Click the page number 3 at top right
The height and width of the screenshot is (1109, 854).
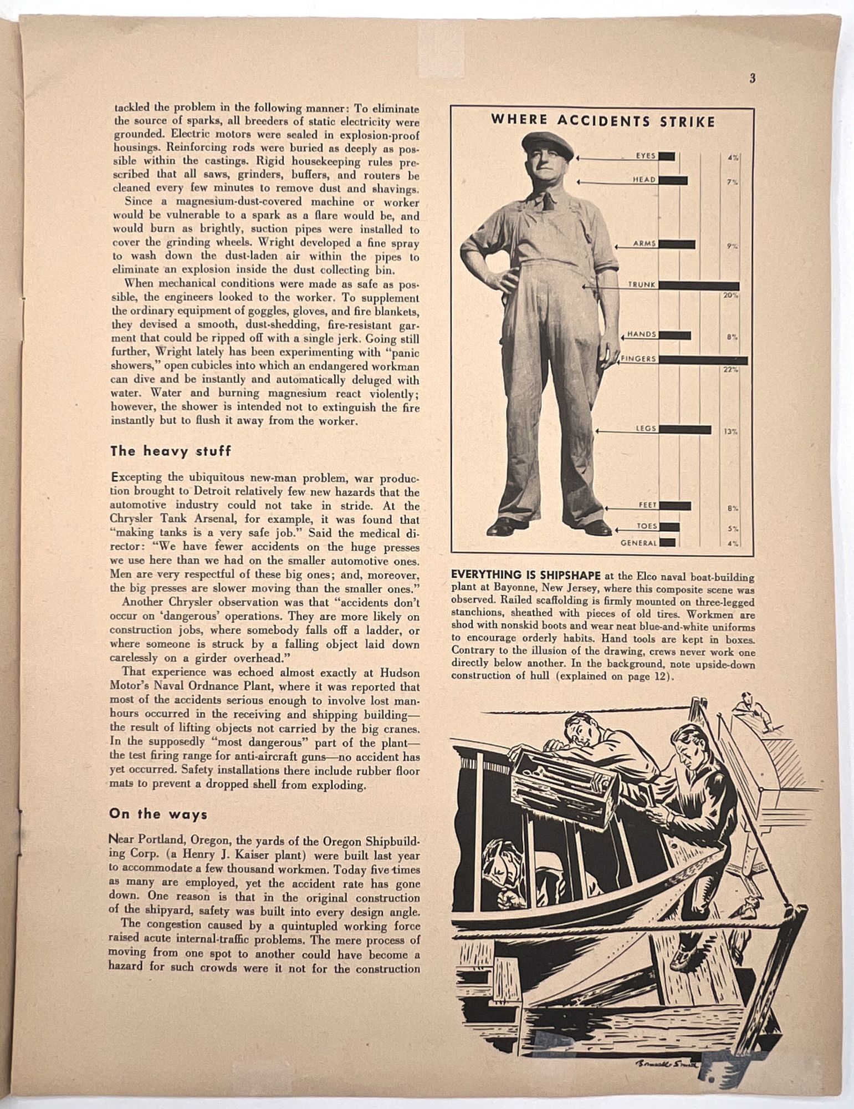[752, 79]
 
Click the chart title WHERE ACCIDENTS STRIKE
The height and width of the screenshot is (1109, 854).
[603, 121]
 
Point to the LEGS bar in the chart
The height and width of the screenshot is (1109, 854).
[685, 430]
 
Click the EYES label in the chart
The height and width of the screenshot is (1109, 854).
[646, 156]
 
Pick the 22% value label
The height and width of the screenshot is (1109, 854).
[730, 370]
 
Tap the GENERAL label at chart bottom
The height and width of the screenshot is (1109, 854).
[638, 543]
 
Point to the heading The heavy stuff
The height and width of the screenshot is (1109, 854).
[170, 451]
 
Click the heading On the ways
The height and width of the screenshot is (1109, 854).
[158, 814]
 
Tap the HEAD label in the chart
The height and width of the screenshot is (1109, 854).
[645, 180]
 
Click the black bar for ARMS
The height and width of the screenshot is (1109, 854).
[677, 245]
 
